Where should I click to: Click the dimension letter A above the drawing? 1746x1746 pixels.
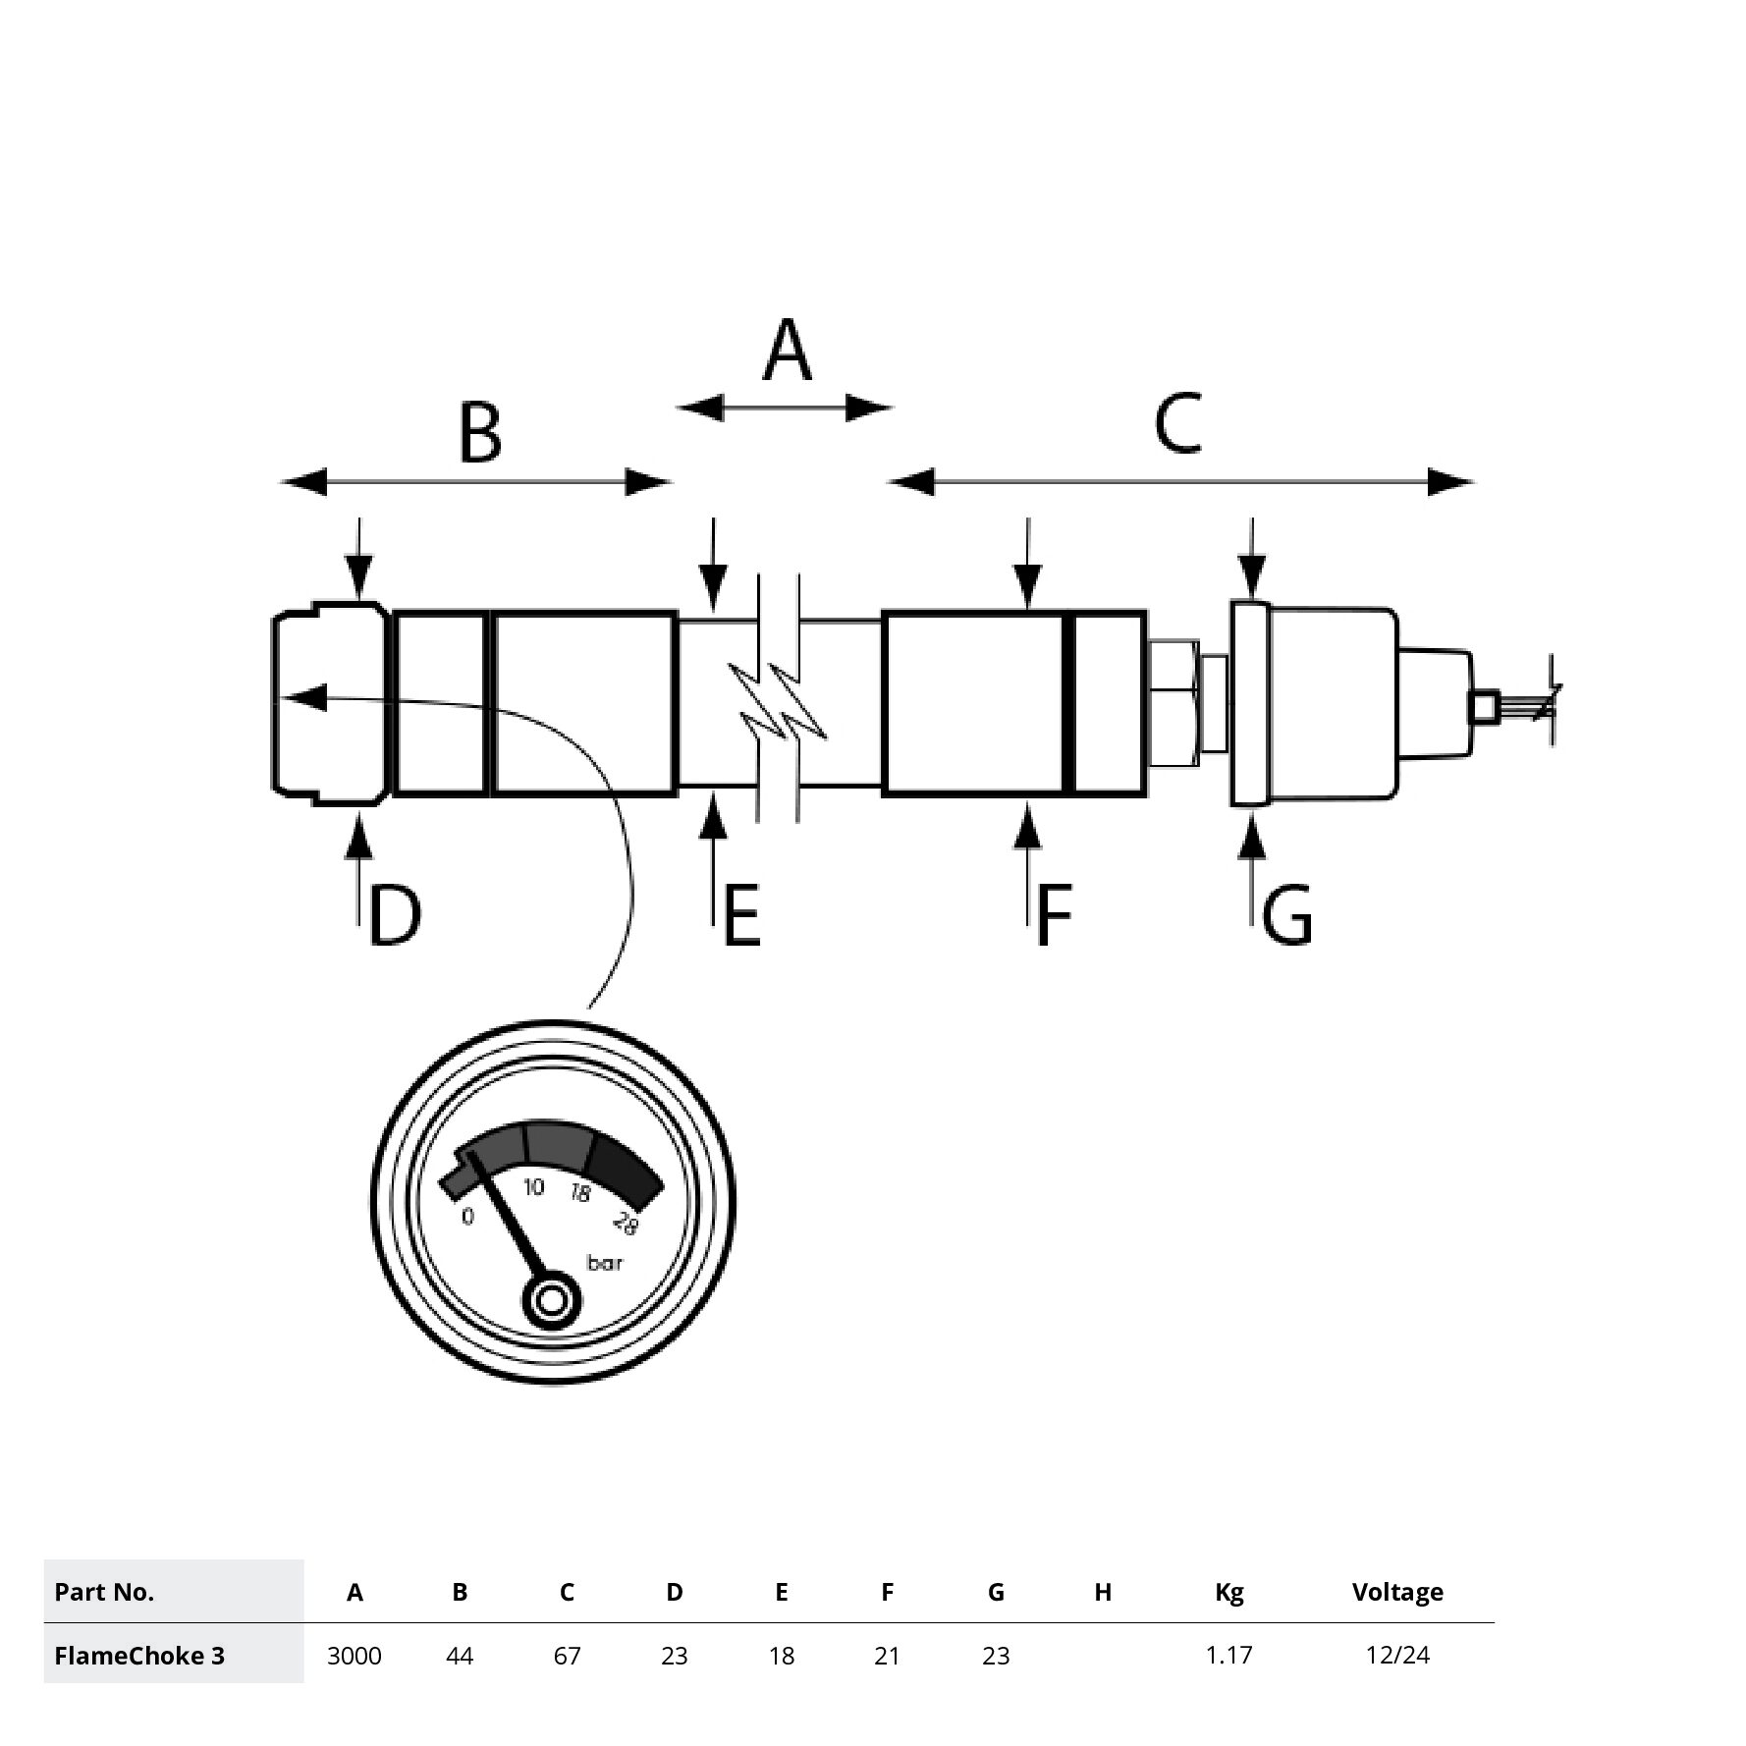(787, 351)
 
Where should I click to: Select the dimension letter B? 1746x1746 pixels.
(480, 432)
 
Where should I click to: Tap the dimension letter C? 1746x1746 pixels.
(1177, 422)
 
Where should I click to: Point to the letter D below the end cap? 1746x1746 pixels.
(395, 915)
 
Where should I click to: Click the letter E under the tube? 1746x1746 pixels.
(741, 915)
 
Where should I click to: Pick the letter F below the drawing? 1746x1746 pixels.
(1053, 915)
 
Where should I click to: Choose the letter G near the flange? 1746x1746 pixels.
(1286, 915)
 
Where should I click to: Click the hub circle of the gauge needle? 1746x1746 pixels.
(552, 1301)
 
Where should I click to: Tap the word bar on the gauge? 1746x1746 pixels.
(605, 1263)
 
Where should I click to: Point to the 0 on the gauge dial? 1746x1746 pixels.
(467, 1217)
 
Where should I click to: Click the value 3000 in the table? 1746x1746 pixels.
(355, 1656)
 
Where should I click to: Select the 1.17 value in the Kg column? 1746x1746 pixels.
(1228, 1656)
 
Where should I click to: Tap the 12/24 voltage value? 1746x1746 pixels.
(1397, 1656)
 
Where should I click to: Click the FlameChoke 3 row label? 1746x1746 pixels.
(139, 1656)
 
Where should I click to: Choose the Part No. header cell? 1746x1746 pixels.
(104, 1592)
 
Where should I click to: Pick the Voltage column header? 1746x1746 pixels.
(1397, 1592)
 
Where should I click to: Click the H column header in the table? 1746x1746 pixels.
(1103, 1592)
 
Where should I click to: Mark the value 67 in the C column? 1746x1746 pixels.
(567, 1656)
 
